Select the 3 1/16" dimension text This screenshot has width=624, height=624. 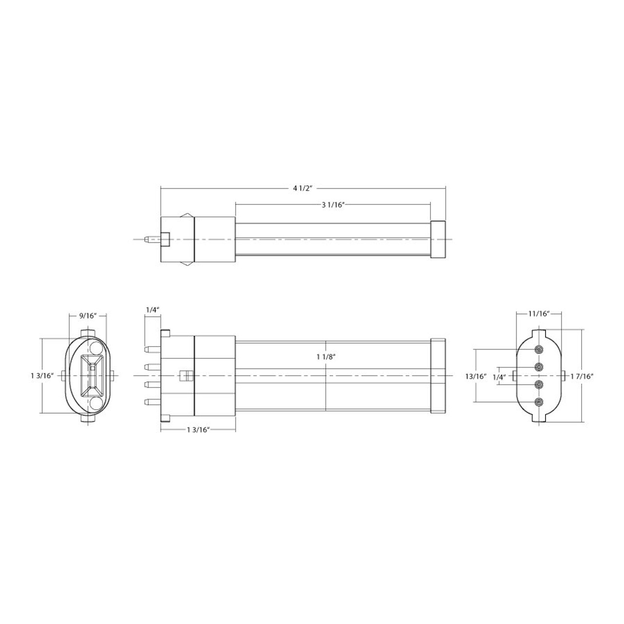tap(333, 205)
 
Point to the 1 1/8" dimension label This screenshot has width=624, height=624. tap(326, 356)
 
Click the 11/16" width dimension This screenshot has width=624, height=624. tap(539, 313)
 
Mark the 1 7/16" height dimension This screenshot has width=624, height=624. tap(583, 376)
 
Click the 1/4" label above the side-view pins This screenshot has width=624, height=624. tap(152, 310)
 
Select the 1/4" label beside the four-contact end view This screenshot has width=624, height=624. tap(499, 376)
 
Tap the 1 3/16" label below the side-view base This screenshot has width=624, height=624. tap(198, 429)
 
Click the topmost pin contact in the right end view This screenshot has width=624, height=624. tap(539, 350)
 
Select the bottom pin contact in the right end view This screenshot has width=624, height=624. tap(539, 402)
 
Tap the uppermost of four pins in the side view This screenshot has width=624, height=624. tap(152, 349)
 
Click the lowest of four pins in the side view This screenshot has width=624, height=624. tap(152, 402)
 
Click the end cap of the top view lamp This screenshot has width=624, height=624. tap(438, 239)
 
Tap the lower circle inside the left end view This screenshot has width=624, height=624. tap(96, 404)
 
